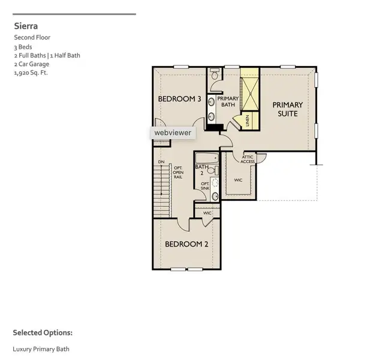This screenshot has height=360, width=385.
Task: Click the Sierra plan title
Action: (x=26, y=26)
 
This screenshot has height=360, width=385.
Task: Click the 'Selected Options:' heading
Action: (x=43, y=332)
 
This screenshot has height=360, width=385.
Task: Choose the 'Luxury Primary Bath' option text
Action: (x=41, y=349)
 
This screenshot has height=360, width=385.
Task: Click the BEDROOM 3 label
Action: (x=179, y=99)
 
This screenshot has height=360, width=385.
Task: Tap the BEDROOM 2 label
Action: (x=186, y=244)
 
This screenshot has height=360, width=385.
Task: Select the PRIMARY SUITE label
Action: (x=288, y=109)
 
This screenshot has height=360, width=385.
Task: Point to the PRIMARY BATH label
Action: (x=228, y=101)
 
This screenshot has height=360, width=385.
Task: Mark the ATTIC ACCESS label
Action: (x=248, y=159)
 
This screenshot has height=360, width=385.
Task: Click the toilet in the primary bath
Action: (x=214, y=75)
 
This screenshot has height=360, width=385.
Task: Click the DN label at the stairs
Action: (x=161, y=162)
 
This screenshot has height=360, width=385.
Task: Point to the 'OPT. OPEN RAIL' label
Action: (x=178, y=173)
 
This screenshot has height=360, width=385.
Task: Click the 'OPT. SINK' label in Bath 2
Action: (x=205, y=186)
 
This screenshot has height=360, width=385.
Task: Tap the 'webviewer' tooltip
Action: (x=172, y=133)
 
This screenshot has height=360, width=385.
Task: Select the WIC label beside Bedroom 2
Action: (x=207, y=213)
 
